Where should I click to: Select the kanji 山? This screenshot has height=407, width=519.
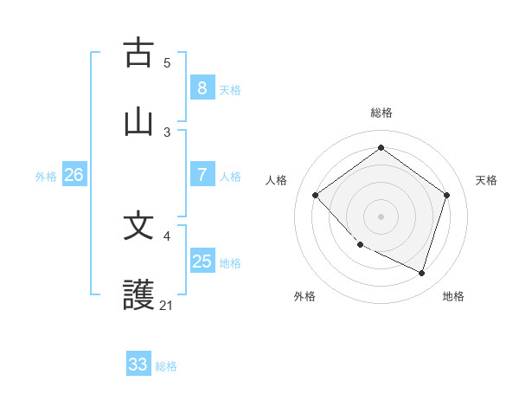tap(138, 121)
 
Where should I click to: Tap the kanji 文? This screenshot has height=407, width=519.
tap(138, 226)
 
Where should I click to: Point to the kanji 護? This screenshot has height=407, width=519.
tap(138, 295)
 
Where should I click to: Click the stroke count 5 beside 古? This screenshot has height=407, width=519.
tap(167, 62)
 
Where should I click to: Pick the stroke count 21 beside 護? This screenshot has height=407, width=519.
tap(167, 305)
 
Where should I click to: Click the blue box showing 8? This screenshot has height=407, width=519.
tap(202, 87)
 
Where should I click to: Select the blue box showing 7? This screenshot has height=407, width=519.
tap(202, 175)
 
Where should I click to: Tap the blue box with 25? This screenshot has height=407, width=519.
tap(202, 262)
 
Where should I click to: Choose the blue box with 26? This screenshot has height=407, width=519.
tap(74, 175)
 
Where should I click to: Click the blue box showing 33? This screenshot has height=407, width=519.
tap(138, 365)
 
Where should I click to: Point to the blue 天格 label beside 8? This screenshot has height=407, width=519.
tap(230, 89)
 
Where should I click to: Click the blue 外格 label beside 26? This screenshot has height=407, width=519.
tap(46, 177)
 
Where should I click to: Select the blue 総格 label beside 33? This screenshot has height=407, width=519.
tap(166, 366)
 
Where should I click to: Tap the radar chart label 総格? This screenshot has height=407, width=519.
tap(381, 113)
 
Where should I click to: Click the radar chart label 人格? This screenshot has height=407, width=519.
tap(277, 180)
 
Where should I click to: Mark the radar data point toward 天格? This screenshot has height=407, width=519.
tap(446, 195)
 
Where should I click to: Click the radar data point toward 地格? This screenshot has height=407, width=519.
tap(421, 273)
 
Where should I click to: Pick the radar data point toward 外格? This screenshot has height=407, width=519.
tap(361, 244)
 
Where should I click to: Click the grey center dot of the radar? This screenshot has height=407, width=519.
tap(381, 216)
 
